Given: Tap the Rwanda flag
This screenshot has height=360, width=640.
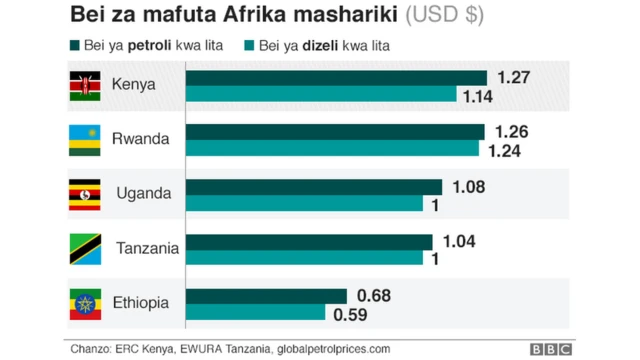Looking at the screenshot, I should pyautogui.click(x=84, y=139).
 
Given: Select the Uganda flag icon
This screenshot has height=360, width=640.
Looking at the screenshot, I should pyautogui.click(x=84, y=193).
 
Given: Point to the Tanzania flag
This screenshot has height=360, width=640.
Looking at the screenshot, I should pyautogui.click(x=84, y=248).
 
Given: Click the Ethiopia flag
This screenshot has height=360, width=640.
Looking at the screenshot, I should pyautogui.click(x=84, y=303).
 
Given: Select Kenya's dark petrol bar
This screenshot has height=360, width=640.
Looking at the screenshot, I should pyautogui.click(x=336, y=78).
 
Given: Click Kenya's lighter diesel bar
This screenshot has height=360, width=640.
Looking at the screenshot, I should pyautogui.click(x=321, y=95).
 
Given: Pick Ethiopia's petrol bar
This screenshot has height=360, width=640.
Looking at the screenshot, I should pyautogui.click(x=266, y=296).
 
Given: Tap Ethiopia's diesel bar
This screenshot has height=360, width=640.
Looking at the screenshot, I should pyautogui.click(x=256, y=313).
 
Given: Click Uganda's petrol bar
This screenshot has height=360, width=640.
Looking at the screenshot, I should pyautogui.click(x=314, y=187).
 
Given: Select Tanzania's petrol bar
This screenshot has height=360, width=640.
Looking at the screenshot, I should pyautogui.click(x=309, y=242).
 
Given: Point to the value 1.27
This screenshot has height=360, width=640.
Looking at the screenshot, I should pyautogui.click(x=513, y=78).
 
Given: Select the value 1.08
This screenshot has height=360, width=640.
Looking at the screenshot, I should pyautogui.click(x=468, y=187).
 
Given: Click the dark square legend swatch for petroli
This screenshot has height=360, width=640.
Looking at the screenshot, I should pyautogui.click(x=74, y=46).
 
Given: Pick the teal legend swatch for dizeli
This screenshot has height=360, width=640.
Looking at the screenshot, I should pyautogui.click(x=249, y=46).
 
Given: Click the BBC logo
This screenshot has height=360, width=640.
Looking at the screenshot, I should pyautogui.click(x=551, y=348).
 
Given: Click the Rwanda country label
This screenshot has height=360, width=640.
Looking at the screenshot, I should pyautogui.click(x=140, y=139).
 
